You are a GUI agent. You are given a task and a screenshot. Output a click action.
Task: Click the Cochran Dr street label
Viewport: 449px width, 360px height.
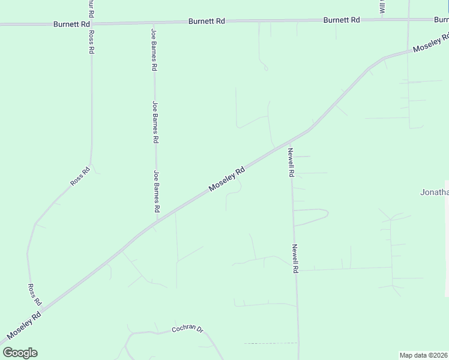coord(188,329)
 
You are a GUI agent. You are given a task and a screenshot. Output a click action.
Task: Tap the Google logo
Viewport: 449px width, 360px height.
coord(20,353)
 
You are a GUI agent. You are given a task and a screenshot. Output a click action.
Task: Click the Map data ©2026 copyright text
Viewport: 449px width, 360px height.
coord(424,355)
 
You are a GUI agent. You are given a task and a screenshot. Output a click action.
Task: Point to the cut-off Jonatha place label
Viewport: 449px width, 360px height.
coord(433,192)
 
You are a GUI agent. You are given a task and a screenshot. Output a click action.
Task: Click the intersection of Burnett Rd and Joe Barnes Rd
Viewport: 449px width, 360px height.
coord(154,23)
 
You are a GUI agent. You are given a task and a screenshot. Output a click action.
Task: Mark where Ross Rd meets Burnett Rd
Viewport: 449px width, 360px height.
coord(91,23)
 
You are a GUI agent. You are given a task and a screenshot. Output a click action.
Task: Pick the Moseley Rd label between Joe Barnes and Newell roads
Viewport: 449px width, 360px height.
coord(227,179)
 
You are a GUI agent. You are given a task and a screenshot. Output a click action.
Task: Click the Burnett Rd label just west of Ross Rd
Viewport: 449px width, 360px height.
coord(71,24)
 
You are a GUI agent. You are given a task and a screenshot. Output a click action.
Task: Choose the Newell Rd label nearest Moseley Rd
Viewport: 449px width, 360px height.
coord(291,162)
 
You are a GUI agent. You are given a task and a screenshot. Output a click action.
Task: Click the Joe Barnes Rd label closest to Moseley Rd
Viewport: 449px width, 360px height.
coord(156,191)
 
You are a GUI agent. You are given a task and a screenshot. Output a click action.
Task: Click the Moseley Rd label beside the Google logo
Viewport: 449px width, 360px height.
coord(24,324)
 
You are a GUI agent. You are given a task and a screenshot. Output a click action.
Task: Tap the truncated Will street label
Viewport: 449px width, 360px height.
coord(382,7)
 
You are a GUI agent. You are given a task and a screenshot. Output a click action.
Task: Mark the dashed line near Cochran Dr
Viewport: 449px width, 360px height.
coord(270,343)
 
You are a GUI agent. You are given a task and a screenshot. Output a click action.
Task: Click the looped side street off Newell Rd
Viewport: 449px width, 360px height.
coord(312,216)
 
